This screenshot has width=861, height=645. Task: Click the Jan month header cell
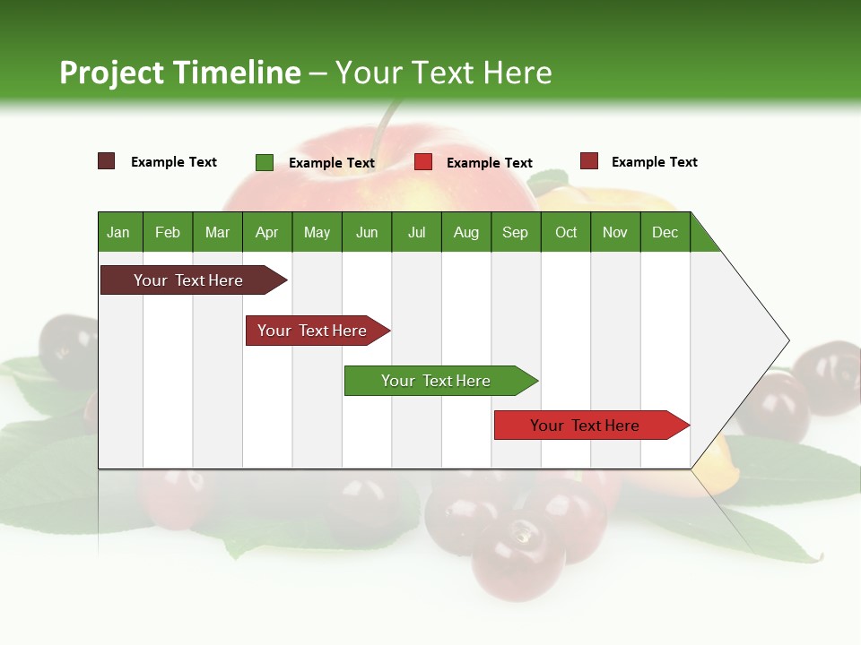(x=119, y=232)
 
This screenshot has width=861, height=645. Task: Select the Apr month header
(x=267, y=232)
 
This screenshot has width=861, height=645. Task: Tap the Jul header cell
(x=416, y=232)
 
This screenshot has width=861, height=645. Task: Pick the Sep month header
(x=516, y=232)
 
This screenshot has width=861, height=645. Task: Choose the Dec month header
(x=665, y=232)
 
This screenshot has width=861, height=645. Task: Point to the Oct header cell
(x=566, y=232)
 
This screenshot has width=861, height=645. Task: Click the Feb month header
(x=168, y=232)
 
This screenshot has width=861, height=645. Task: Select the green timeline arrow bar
(x=439, y=381)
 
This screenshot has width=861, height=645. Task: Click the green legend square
(x=265, y=162)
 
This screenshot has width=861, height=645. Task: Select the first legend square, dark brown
(x=107, y=161)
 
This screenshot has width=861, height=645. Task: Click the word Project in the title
(x=111, y=73)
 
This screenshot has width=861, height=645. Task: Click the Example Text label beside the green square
(x=331, y=162)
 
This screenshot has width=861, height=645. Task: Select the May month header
(x=317, y=232)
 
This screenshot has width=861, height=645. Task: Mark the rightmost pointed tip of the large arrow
(x=788, y=340)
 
